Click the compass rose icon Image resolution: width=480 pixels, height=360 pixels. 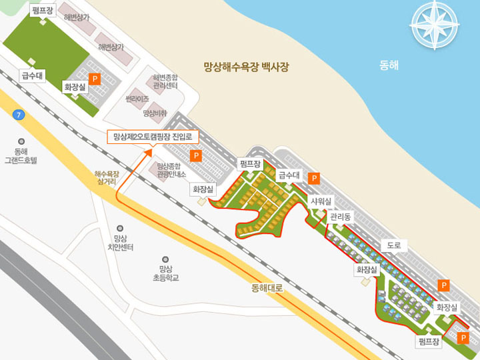pyautogui.click(x=435, y=25)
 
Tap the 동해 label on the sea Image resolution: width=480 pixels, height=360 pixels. pyautogui.click(x=389, y=65)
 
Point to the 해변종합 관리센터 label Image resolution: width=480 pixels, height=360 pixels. pyautogui.click(x=165, y=81)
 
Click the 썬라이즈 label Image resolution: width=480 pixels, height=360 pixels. pyautogui.click(x=137, y=98)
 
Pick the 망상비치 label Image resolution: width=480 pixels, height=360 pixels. pyautogui.click(x=155, y=113)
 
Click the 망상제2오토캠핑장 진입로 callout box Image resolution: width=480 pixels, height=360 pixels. pyautogui.click(x=153, y=137)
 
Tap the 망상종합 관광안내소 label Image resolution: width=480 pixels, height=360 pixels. pyautogui.click(x=171, y=170)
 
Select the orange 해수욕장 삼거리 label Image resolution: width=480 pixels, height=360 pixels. pyautogui.click(x=107, y=177)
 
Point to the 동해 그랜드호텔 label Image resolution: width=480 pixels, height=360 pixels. pyautogui.click(x=21, y=155)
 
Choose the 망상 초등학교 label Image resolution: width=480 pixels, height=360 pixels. pyautogui.click(x=165, y=273)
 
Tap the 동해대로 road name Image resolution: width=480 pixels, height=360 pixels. pyautogui.click(x=267, y=289)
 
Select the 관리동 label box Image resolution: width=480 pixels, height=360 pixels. pyautogui.click(x=340, y=217)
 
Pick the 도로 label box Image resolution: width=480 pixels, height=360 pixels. pyautogui.click(x=394, y=245)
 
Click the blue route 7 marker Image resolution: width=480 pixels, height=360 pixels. pyautogui.click(x=19, y=115)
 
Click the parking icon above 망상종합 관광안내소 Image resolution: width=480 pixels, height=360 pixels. pyautogui.click(x=196, y=156)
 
